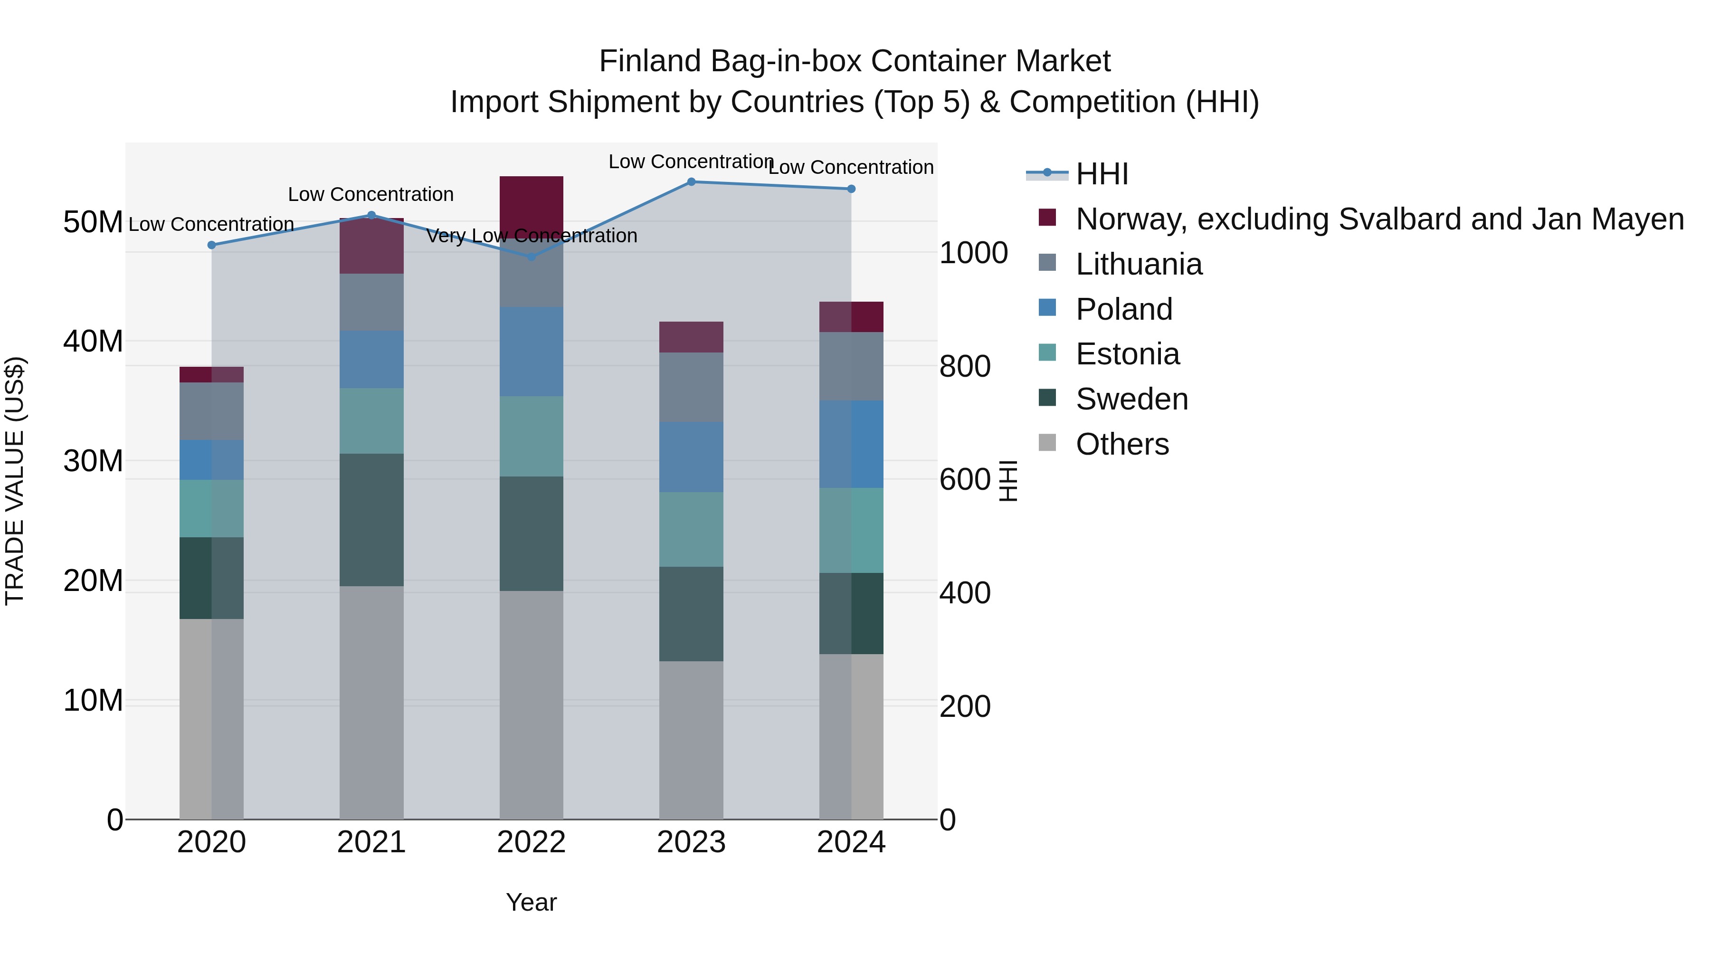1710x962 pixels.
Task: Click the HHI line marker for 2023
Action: click(691, 182)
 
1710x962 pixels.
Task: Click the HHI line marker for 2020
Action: click(212, 245)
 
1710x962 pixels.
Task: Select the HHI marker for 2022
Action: click(531, 257)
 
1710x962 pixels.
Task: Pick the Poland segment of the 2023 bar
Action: click(691, 457)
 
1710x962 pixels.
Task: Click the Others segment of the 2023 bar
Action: click(691, 740)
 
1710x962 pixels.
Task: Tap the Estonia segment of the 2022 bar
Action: click(531, 436)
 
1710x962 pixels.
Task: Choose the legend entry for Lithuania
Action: click(1139, 264)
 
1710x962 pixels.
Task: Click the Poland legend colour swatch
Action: click(1047, 308)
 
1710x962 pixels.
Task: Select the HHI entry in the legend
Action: click(1102, 174)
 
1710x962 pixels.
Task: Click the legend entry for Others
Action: click(1122, 444)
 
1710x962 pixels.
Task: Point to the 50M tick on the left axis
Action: click(93, 222)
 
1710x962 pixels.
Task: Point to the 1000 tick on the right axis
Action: click(973, 253)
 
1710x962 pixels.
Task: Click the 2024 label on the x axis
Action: click(851, 842)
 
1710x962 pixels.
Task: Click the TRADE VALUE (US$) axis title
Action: click(15, 481)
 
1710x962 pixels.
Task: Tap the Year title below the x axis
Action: click(531, 902)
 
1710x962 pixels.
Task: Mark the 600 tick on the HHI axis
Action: click(965, 479)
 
